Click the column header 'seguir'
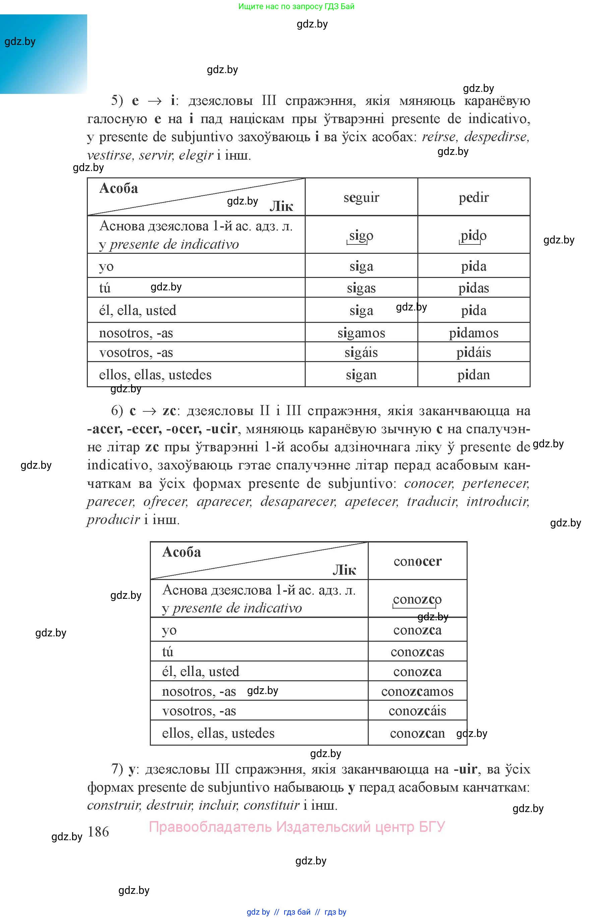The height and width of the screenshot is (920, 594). click(x=361, y=197)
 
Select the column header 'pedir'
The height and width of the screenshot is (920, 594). click(x=473, y=197)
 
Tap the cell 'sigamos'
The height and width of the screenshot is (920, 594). click(x=361, y=333)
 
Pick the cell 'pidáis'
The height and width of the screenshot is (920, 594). click(x=473, y=352)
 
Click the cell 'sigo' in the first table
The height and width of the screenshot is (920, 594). click(x=361, y=235)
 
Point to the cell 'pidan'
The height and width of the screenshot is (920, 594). click(x=473, y=375)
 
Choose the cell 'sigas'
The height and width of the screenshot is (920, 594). click(x=361, y=288)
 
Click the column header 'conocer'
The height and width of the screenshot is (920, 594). click(x=417, y=561)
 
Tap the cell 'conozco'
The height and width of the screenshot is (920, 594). click(x=417, y=599)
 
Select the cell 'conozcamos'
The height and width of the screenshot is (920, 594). click(x=417, y=691)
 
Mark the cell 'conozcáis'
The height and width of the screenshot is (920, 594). click(x=417, y=710)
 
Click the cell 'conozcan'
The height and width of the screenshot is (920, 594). click(x=417, y=733)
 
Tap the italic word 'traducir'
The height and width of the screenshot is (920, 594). click(x=432, y=502)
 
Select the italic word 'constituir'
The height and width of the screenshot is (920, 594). click(x=271, y=805)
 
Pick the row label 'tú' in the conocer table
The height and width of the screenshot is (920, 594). click(x=168, y=651)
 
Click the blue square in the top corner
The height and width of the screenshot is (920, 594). click(x=44, y=54)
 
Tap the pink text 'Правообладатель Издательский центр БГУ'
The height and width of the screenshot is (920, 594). click(x=297, y=827)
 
